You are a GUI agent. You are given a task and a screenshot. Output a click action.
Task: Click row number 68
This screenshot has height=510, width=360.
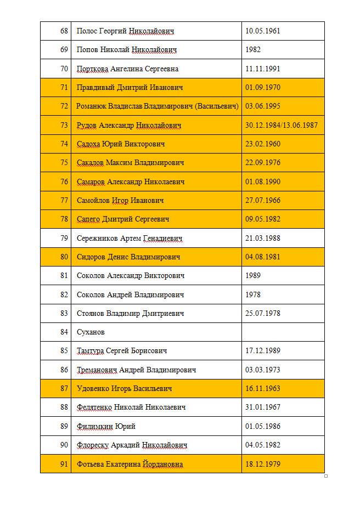click(64, 31)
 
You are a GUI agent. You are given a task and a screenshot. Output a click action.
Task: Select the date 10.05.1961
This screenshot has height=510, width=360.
click(263, 31)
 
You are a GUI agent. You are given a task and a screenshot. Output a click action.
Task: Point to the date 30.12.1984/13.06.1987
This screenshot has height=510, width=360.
click(282, 125)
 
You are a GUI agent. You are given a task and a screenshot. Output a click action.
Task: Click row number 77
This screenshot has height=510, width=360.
click(64, 200)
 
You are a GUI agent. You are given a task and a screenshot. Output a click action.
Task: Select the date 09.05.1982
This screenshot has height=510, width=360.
click(263, 219)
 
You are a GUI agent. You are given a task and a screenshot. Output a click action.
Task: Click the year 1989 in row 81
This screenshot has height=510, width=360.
click(253, 275)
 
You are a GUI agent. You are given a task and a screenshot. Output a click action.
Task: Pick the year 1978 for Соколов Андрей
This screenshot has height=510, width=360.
click(253, 294)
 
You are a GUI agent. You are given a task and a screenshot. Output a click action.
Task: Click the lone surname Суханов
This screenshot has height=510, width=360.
click(91, 332)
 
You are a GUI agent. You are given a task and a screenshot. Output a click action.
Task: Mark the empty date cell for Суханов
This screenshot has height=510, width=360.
click(283, 332)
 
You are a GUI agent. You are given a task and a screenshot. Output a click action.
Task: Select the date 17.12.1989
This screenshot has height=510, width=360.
click(263, 350)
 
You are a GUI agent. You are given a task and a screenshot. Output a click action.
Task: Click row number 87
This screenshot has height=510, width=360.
click(64, 388)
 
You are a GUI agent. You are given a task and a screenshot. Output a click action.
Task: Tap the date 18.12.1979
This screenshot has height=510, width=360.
click(263, 464)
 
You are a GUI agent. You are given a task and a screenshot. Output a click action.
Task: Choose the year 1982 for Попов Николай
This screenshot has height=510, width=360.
click(253, 49)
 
